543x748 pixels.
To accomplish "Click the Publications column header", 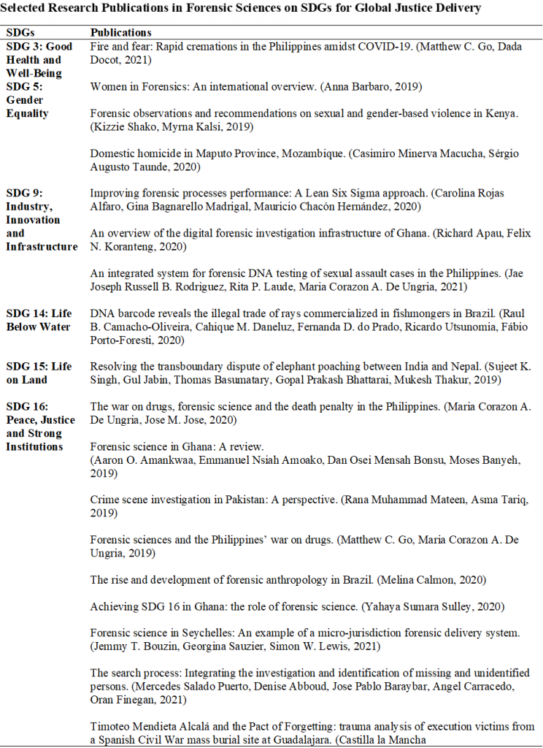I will (x=120, y=33).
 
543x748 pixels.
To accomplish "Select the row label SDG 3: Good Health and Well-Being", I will (x=39, y=60).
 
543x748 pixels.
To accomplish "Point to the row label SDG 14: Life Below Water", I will (x=39, y=320).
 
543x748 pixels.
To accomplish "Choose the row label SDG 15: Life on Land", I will (x=39, y=373).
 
